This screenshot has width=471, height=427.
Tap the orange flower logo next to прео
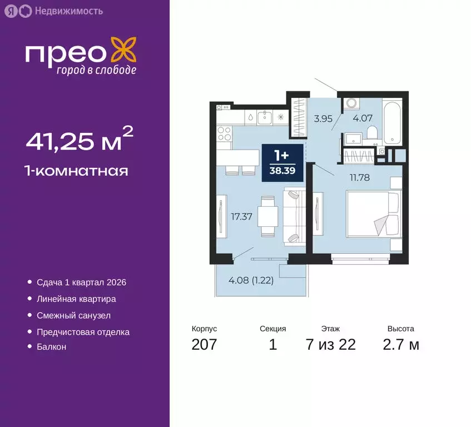coord(122,50)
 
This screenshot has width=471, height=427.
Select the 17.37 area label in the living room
coord(242,217)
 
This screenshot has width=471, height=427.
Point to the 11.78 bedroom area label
coord(359,178)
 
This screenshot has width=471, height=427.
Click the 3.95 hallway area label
coord(323,117)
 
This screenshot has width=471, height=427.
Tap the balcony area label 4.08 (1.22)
coord(251,280)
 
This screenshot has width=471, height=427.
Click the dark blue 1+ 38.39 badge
coord(282,162)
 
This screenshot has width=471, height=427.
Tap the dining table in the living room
coord(268,216)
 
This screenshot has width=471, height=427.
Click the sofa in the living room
coord(294,216)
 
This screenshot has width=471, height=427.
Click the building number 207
coord(204,345)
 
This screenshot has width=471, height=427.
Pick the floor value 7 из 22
coord(330,345)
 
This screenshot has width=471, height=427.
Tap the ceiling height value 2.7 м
coord(400,345)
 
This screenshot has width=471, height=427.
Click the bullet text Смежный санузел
coord(73,315)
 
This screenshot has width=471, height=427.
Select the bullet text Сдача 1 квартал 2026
coord(81,282)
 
